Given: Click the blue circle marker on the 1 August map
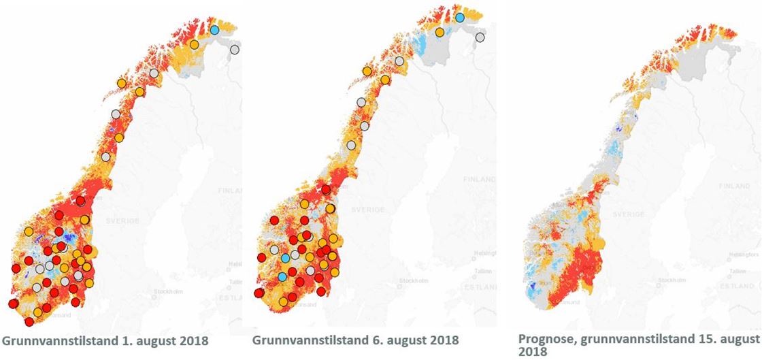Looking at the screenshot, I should tap(215, 29).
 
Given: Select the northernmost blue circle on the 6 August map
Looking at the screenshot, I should tap(459, 18).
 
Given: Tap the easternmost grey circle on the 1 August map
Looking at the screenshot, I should tap(235, 50).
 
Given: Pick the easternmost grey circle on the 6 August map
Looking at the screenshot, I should tap(480, 37).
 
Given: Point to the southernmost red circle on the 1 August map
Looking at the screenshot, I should tap(29, 321).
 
